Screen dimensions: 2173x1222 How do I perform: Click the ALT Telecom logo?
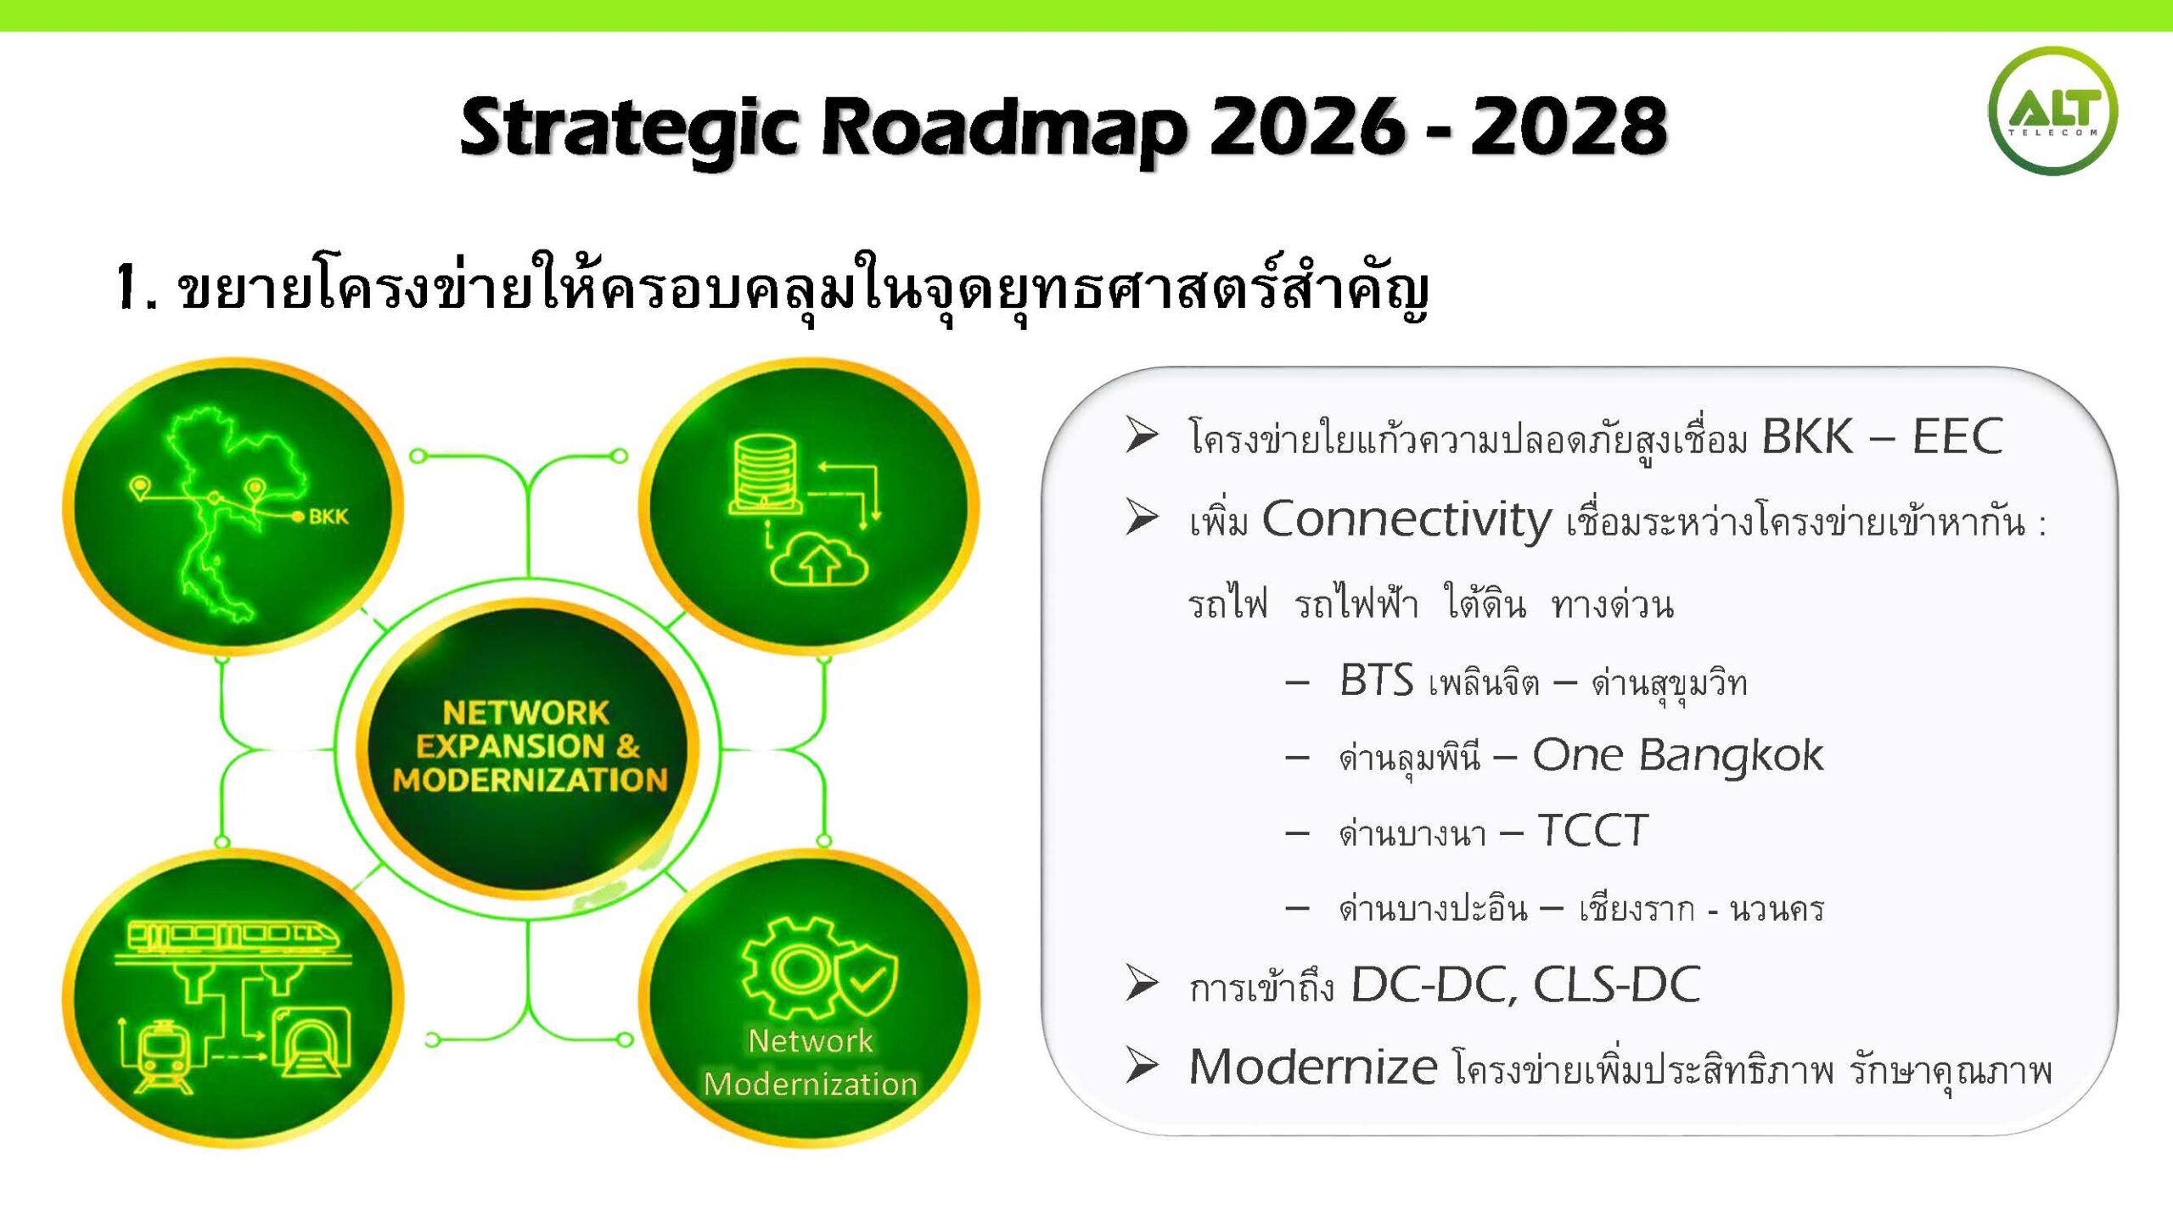(2052, 111)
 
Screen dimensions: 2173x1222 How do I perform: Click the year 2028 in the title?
(1569, 126)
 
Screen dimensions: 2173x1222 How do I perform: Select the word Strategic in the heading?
(628, 130)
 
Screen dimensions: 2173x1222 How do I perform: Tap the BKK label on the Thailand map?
(328, 517)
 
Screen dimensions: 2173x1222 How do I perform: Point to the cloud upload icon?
(819, 559)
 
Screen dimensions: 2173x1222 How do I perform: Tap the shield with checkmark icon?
(868, 981)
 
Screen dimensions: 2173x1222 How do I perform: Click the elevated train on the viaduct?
(233, 938)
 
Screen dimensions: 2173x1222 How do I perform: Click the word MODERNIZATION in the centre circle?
(531, 780)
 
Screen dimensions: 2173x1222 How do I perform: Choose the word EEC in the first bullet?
(1957, 437)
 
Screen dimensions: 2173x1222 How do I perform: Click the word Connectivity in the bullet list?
(1407, 519)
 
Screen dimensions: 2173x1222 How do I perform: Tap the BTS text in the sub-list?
(1376, 680)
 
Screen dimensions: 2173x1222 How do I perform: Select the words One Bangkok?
(1677, 755)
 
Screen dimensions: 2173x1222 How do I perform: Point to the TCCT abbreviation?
(1593, 831)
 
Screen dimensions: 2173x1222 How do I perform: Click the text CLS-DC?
(1616, 984)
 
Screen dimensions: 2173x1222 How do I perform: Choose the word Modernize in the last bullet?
(1313, 1067)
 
